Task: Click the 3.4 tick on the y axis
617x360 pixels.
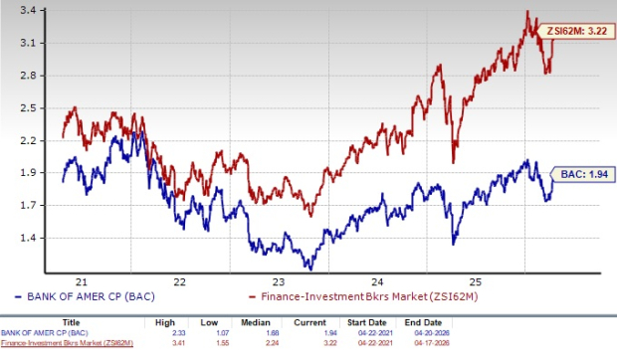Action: click(x=27, y=10)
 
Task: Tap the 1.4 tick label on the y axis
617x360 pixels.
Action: click(x=27, y=238)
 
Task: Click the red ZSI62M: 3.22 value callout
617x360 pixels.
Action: click(x=578, y=34)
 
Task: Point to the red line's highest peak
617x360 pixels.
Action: click(x=527, y=11)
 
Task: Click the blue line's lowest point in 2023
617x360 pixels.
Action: click(x=308, y=269)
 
